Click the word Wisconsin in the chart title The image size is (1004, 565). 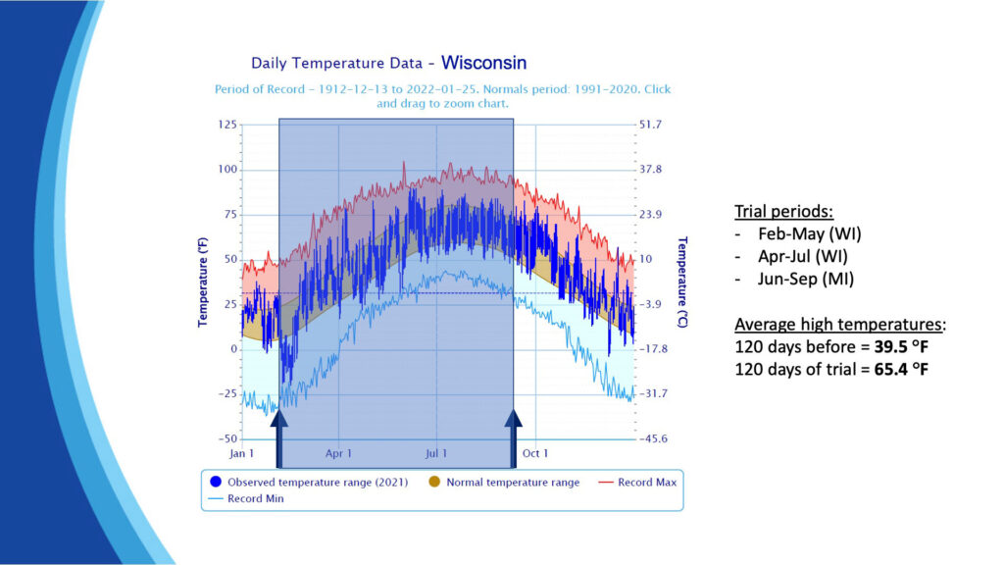[x=483, y=63]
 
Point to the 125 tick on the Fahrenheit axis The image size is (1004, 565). [x=226, y=125]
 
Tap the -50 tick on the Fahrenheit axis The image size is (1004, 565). [x=226, y=438]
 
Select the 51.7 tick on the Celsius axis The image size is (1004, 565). [x=652, y=125]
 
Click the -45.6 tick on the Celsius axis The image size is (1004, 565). [x=652, y=438]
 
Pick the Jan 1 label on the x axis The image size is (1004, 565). [x=241, y=453]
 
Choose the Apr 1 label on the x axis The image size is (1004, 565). [x=338, y=453]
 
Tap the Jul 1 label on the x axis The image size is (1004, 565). [x=436, y=453]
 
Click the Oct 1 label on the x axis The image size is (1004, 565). [x=535, y=453]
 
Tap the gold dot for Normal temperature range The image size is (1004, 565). [x=433, y=482]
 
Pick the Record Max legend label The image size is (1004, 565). [x=647, y=482]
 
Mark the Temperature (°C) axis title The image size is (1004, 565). [x=682, y=282]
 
